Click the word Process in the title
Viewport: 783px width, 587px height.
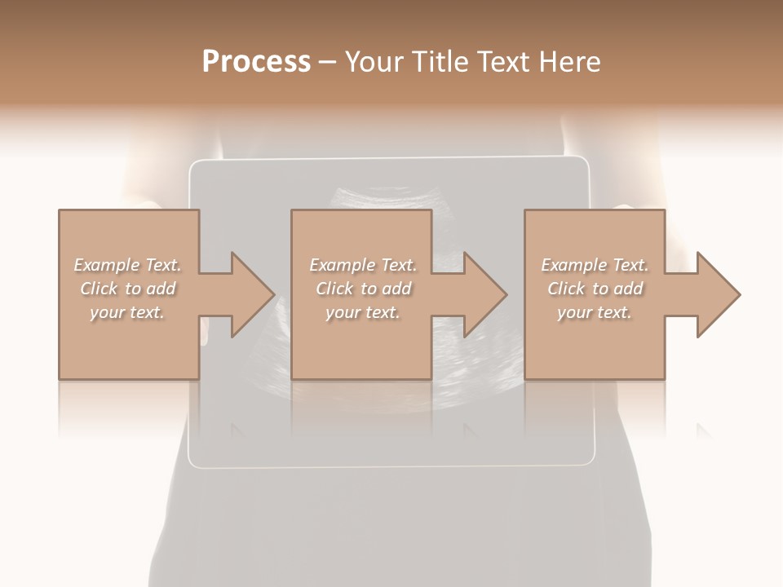[256, 62]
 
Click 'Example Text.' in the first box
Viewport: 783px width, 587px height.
[127, 265]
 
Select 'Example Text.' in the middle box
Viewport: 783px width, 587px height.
[363, 265]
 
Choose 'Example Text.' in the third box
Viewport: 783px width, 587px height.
[595, 265]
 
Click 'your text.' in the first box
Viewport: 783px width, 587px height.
[127, 312]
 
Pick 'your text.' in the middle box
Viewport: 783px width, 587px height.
[363, 312]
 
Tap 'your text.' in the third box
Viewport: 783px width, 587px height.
[595, 312]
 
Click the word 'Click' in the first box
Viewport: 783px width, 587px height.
[99, 289]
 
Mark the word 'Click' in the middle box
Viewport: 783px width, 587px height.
[334, 289]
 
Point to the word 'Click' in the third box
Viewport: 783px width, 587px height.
[566, 289]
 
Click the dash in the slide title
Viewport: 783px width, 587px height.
[327, 62]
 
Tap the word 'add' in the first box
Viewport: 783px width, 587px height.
[161, 289]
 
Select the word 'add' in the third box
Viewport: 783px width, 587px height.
[628, 289]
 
